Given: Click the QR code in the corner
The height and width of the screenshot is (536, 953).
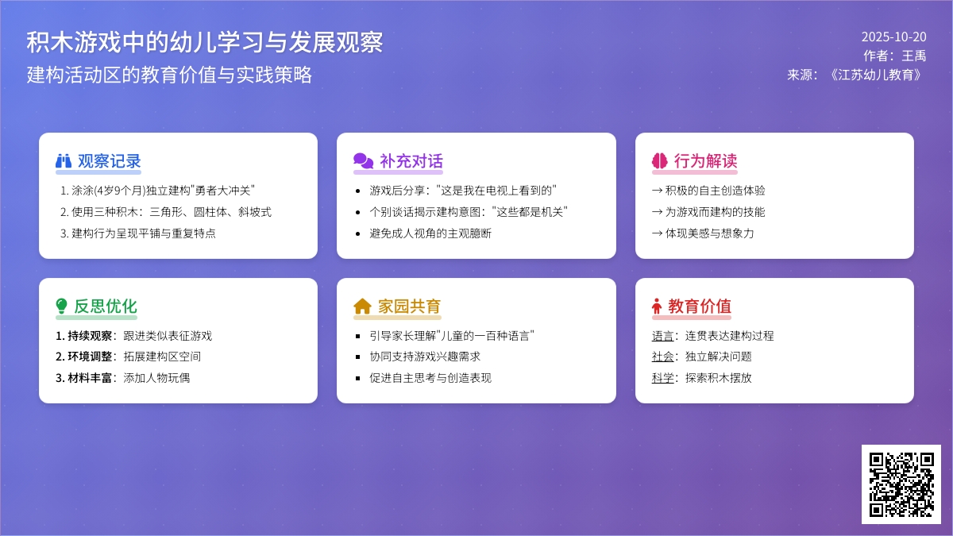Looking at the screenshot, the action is point(901,484).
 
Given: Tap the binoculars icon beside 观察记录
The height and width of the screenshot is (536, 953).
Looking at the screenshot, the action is point(64,161).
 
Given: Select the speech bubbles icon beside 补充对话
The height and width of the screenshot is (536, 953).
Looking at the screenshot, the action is point(364,161).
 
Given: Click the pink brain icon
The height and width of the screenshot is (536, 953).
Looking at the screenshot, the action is point(660,161).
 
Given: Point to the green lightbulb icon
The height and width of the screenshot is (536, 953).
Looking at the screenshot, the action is point(62,306).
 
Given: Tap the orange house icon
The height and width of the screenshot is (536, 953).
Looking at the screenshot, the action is point(362,307).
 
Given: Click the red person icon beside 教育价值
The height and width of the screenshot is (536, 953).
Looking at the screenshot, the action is point(657,307).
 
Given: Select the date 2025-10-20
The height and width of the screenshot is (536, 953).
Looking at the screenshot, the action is point(894,37).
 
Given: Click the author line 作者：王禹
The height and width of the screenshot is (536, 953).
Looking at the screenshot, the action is point(895,56).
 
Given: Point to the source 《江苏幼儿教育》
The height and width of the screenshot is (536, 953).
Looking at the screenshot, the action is point(875,75).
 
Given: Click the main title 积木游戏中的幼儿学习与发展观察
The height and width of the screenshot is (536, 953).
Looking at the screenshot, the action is point(205,43).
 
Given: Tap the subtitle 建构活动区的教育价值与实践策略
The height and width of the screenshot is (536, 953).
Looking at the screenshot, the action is point(169,75).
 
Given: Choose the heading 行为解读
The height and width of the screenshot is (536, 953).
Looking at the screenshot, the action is point(705,161).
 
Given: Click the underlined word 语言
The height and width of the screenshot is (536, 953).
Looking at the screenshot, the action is point(662,336).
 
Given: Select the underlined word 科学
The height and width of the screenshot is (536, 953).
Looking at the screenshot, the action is point(662,378).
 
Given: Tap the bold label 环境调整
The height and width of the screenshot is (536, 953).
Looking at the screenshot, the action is point(90,357).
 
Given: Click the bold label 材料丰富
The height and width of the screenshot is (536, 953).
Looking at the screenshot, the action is point(90,378).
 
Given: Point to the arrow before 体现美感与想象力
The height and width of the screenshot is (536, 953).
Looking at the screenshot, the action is point(658,233).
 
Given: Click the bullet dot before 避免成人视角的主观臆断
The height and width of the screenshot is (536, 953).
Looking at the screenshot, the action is point(358,234).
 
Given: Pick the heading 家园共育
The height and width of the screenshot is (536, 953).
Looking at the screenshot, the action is point(409,307).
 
